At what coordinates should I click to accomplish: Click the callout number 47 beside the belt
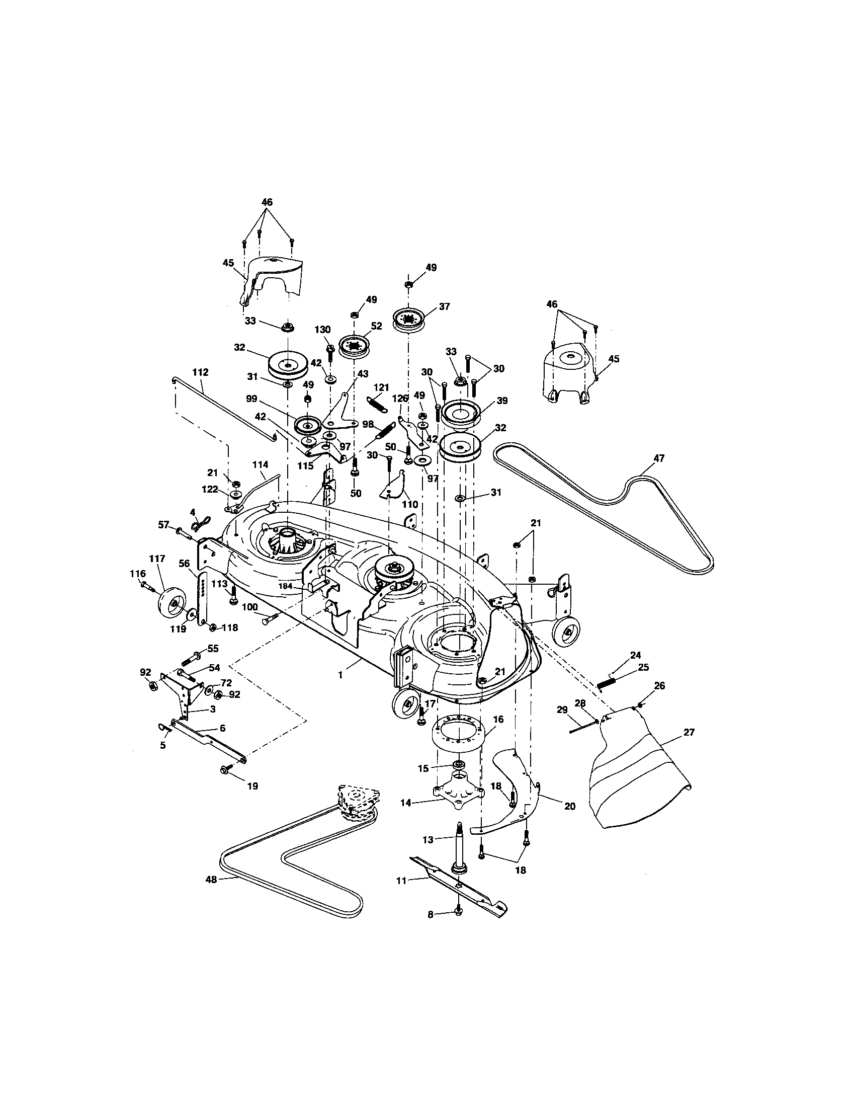coord(659,458)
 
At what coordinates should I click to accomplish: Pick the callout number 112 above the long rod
coord(200,372)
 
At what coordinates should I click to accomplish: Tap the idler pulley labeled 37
coord(409,321)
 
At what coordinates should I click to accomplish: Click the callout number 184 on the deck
coord(286,586)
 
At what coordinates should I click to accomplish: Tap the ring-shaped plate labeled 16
coord(458,736)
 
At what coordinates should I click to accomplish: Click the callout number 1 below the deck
coord(341,675)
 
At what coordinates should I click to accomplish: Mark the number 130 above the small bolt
coord(322,330)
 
